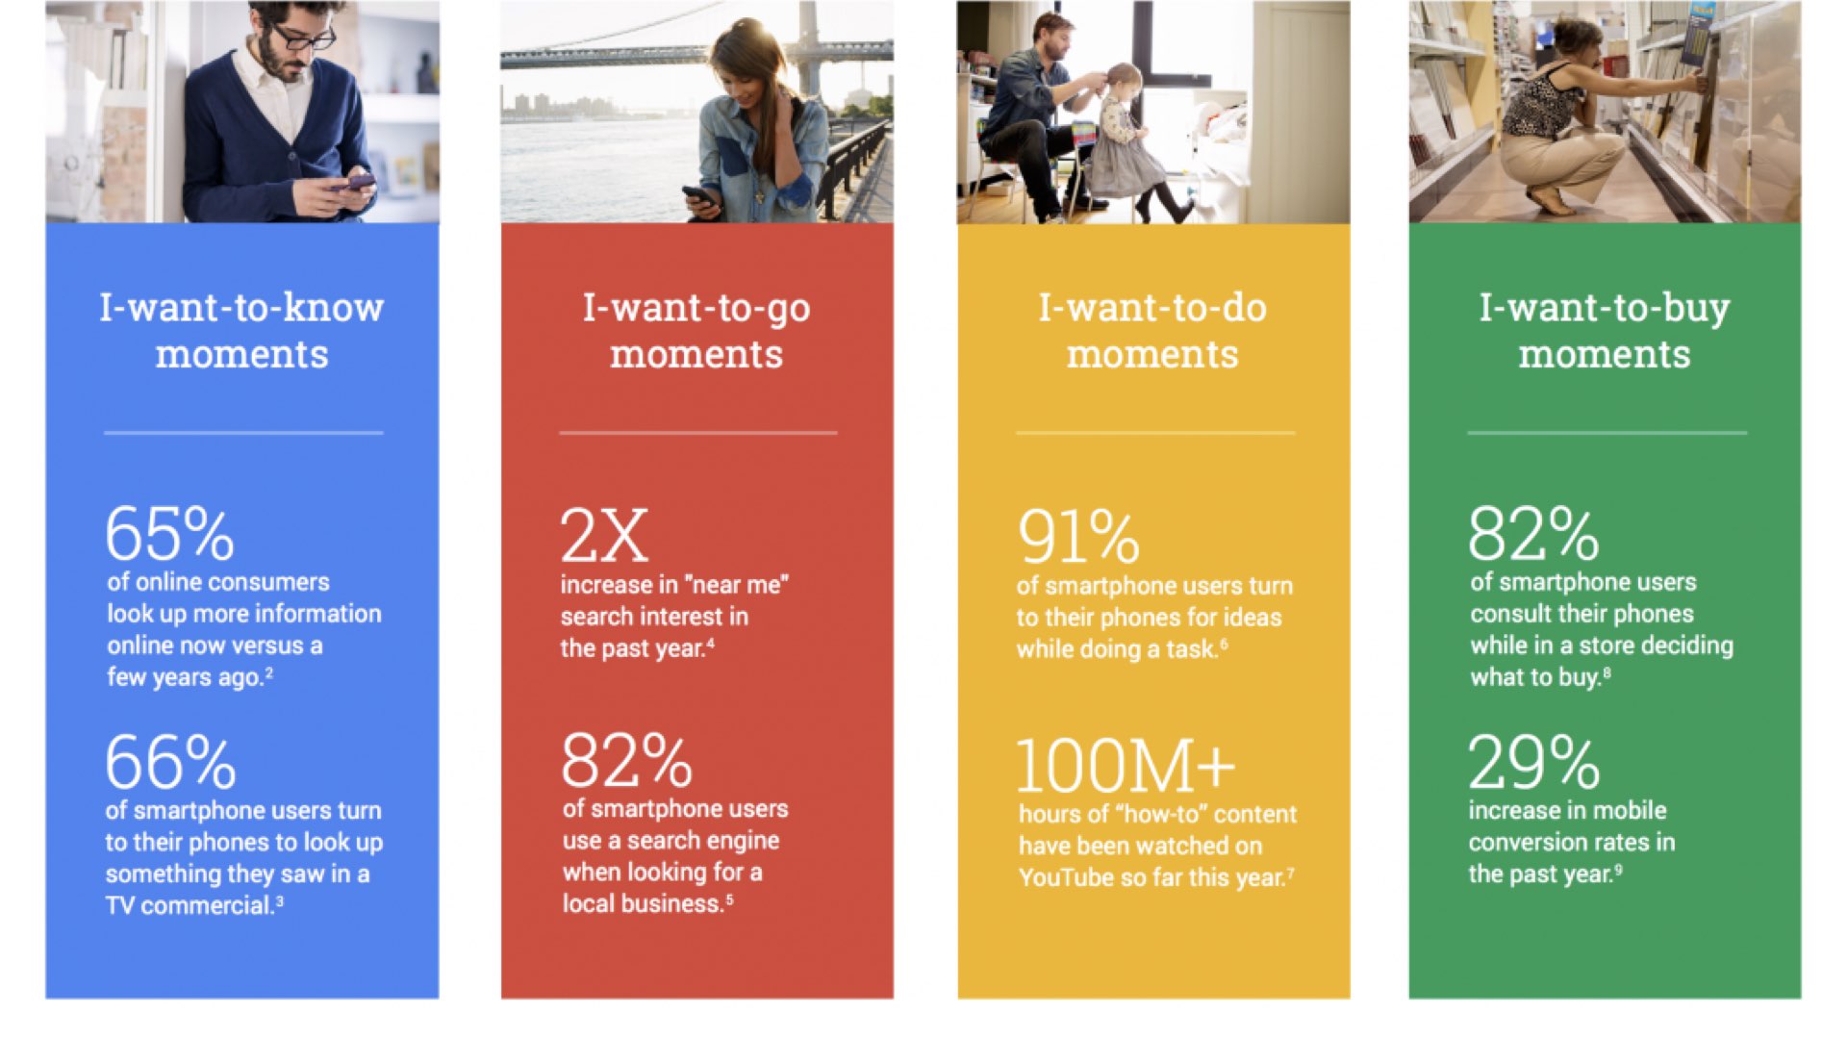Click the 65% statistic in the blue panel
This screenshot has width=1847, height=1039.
169,534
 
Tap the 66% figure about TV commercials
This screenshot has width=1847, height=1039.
170,762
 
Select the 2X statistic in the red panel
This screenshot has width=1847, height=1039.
604,536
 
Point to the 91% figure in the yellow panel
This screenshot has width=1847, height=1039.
1078,537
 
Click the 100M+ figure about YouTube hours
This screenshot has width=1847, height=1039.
1126,766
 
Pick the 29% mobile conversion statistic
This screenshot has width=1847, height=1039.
1533,762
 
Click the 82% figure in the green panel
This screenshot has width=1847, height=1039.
1533,534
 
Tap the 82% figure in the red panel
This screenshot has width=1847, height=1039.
626,761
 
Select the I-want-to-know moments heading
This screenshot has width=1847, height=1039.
241,331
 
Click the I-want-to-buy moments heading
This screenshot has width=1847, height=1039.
1605,331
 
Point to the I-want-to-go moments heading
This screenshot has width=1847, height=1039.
696,331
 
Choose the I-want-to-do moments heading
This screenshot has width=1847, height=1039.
1152,331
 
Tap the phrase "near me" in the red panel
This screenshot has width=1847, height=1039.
737,585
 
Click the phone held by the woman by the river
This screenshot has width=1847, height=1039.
699,195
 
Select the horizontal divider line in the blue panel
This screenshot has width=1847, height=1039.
243,433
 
